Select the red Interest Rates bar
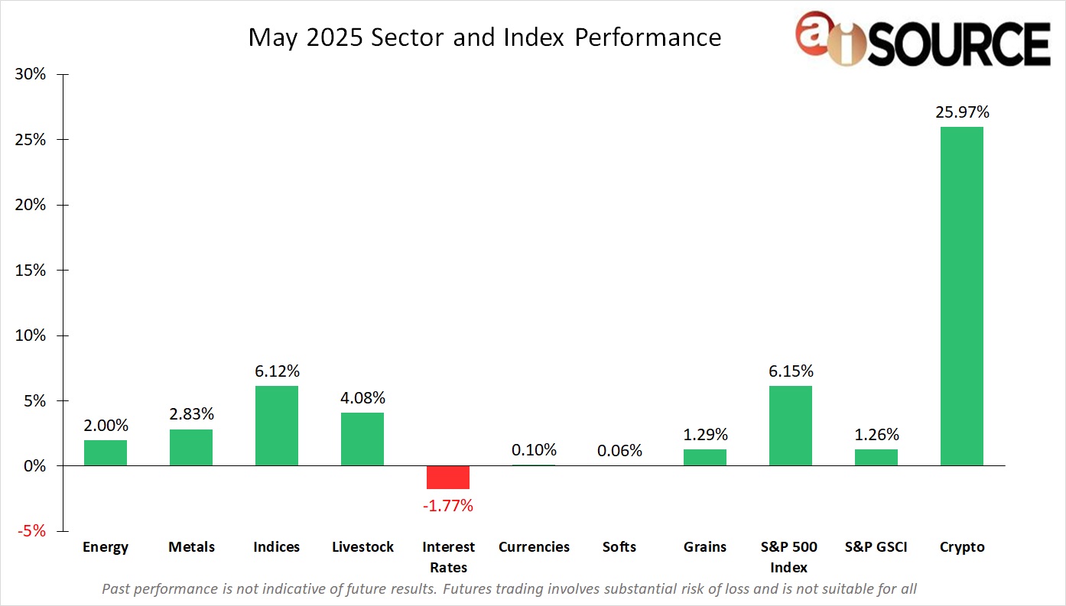(x=447, y=477)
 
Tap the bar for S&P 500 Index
(x=790, y=426)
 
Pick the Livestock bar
(x=362, y=439)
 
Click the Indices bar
(x=276, y=426)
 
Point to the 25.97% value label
(x=961, y=112)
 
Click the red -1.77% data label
(x=447, y=505)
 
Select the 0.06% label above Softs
(x=619, y=450)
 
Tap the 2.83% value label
(x=190, y=414)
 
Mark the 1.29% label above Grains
(x=704, y=435)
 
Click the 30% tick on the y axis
(x=30, y=75)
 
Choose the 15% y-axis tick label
(x=30, y=271)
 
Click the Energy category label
(x=106, y=547)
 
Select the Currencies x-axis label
(x=534, y=547)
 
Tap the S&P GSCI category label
(x=876, y=547)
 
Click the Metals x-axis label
(x=191, y=547)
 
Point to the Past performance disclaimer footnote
(x=509, y=588)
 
